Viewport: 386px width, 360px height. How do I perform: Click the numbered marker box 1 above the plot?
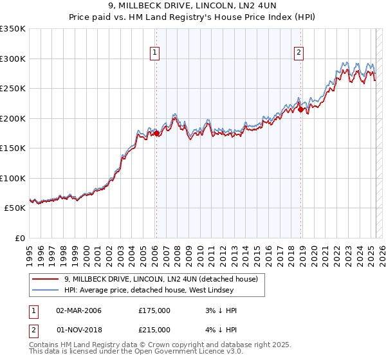pos(156,53)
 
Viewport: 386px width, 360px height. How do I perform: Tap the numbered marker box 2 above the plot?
pos(300,53)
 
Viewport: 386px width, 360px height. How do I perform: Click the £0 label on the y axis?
pos(20,238)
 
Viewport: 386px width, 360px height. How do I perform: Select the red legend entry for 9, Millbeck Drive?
pos(161,279)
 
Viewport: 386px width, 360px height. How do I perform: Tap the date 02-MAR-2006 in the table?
pos(78,310)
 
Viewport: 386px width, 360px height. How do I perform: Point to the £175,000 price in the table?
pos(154,310)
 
